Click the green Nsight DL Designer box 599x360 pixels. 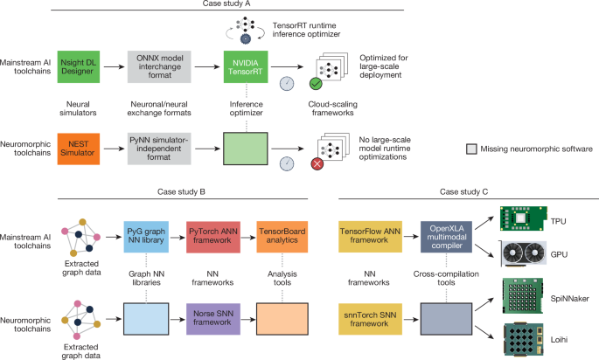[79, 66]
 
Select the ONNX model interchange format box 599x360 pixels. [159, 66]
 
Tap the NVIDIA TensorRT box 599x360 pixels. [246, 66]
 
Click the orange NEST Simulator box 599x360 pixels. [79, 149]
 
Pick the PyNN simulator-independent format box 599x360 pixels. [159, 149]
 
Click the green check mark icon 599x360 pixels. [316, 84]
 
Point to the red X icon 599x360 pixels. [317, 164]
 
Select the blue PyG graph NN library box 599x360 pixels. [146, 237]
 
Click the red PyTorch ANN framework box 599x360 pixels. [213, 237]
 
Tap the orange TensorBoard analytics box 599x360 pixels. [282, 237]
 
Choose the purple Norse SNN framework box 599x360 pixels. [213, 319]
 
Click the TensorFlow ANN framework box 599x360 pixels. [370, 237]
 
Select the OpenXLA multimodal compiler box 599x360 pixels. [446, 237]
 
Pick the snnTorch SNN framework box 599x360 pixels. [370, 319]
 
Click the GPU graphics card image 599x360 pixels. [523, 254]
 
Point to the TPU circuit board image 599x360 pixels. [524, 218]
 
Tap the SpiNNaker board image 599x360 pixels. [523, 296]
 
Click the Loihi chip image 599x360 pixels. [524, 340]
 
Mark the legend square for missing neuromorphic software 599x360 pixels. [472, 149]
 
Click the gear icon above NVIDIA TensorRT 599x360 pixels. [245, 38]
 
